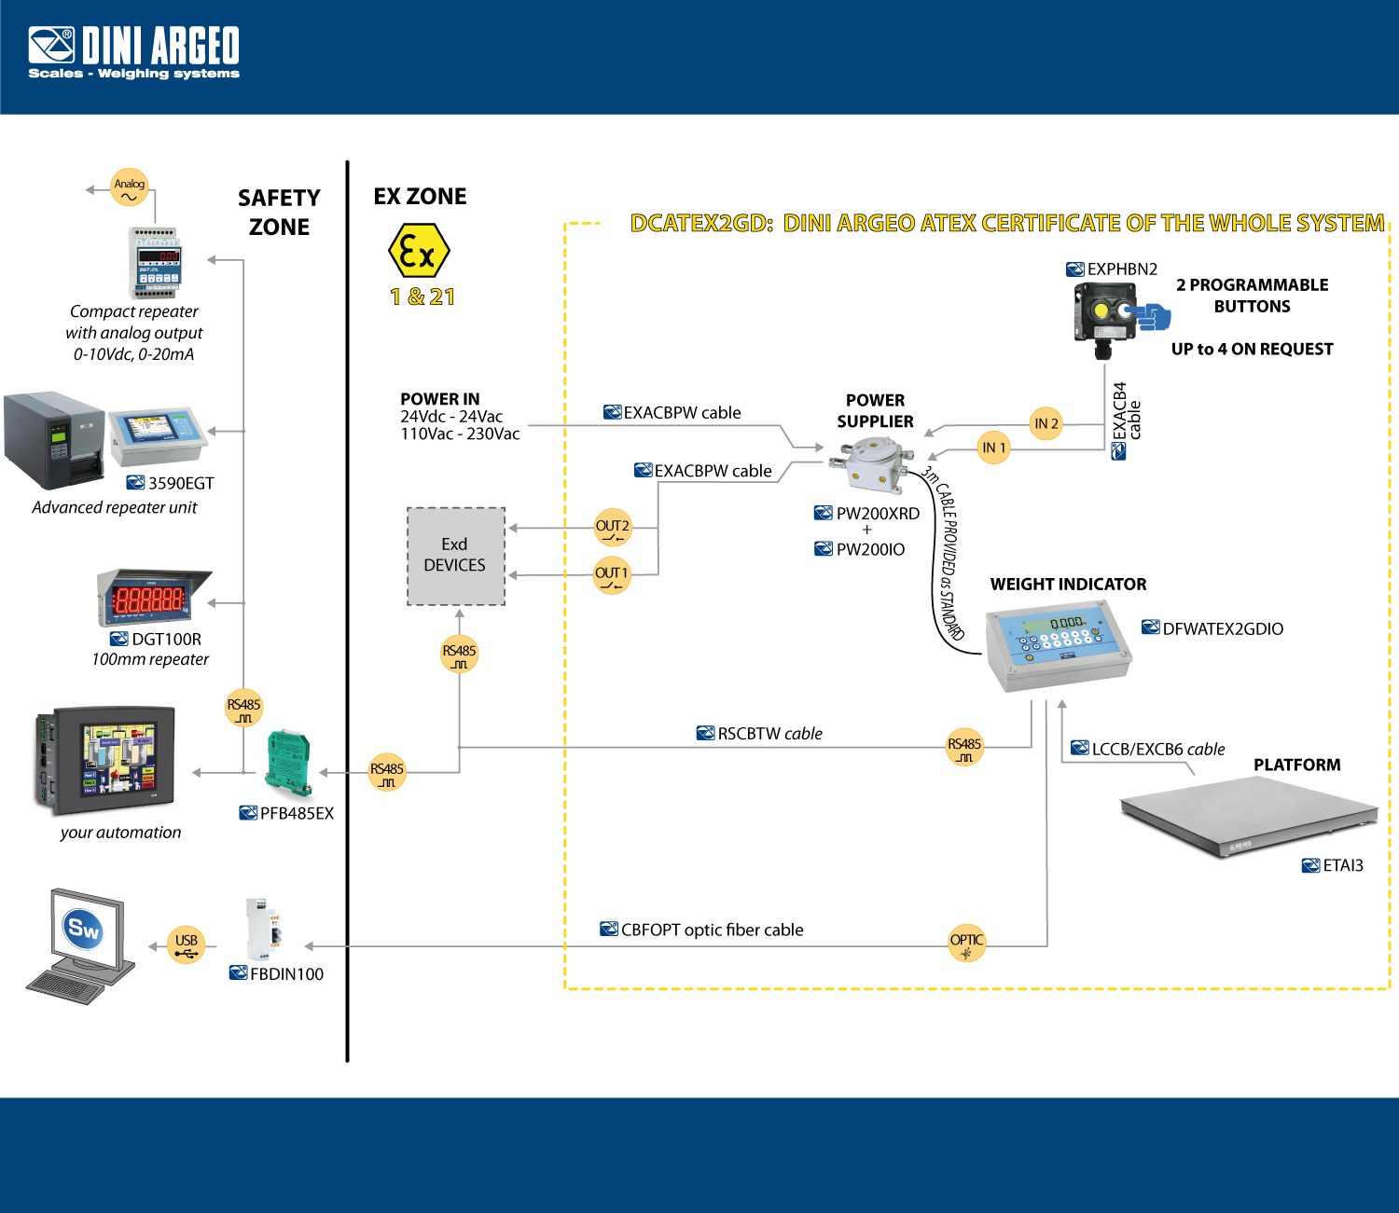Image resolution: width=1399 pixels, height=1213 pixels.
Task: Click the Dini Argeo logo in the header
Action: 133,52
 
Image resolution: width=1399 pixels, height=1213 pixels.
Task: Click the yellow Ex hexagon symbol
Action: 419,250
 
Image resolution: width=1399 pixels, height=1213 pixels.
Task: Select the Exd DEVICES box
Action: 455,556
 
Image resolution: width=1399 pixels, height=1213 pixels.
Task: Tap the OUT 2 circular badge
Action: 613,528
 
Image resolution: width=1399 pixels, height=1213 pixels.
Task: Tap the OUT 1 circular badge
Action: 612,574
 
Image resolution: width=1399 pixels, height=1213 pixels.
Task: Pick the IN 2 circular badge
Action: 1046,424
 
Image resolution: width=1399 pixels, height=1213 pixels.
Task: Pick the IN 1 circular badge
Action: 994,448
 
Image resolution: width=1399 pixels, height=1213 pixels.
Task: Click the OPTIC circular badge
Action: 967,943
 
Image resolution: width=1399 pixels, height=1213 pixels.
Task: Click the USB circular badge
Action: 187,944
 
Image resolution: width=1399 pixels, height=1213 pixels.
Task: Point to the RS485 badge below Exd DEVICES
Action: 459,654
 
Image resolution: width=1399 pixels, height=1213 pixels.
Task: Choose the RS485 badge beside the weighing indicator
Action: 964,747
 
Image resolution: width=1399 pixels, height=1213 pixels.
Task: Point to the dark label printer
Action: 53,439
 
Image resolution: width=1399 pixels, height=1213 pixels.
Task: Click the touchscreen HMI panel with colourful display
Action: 104,760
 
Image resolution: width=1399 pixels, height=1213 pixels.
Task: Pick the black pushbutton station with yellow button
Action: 1104,315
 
